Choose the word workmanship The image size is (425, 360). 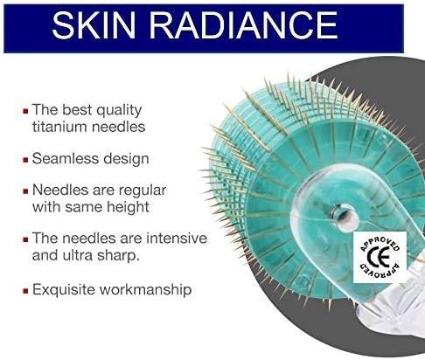[x=147, y=289]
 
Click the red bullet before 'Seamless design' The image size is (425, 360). [x=24, y=160]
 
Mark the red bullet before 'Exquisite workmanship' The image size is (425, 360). [x=24, y=290]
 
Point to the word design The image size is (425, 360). [x=129, y=159]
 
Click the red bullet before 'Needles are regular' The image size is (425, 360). [x=24, y=190]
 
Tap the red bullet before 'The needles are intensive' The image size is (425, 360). [x=24, y=238]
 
